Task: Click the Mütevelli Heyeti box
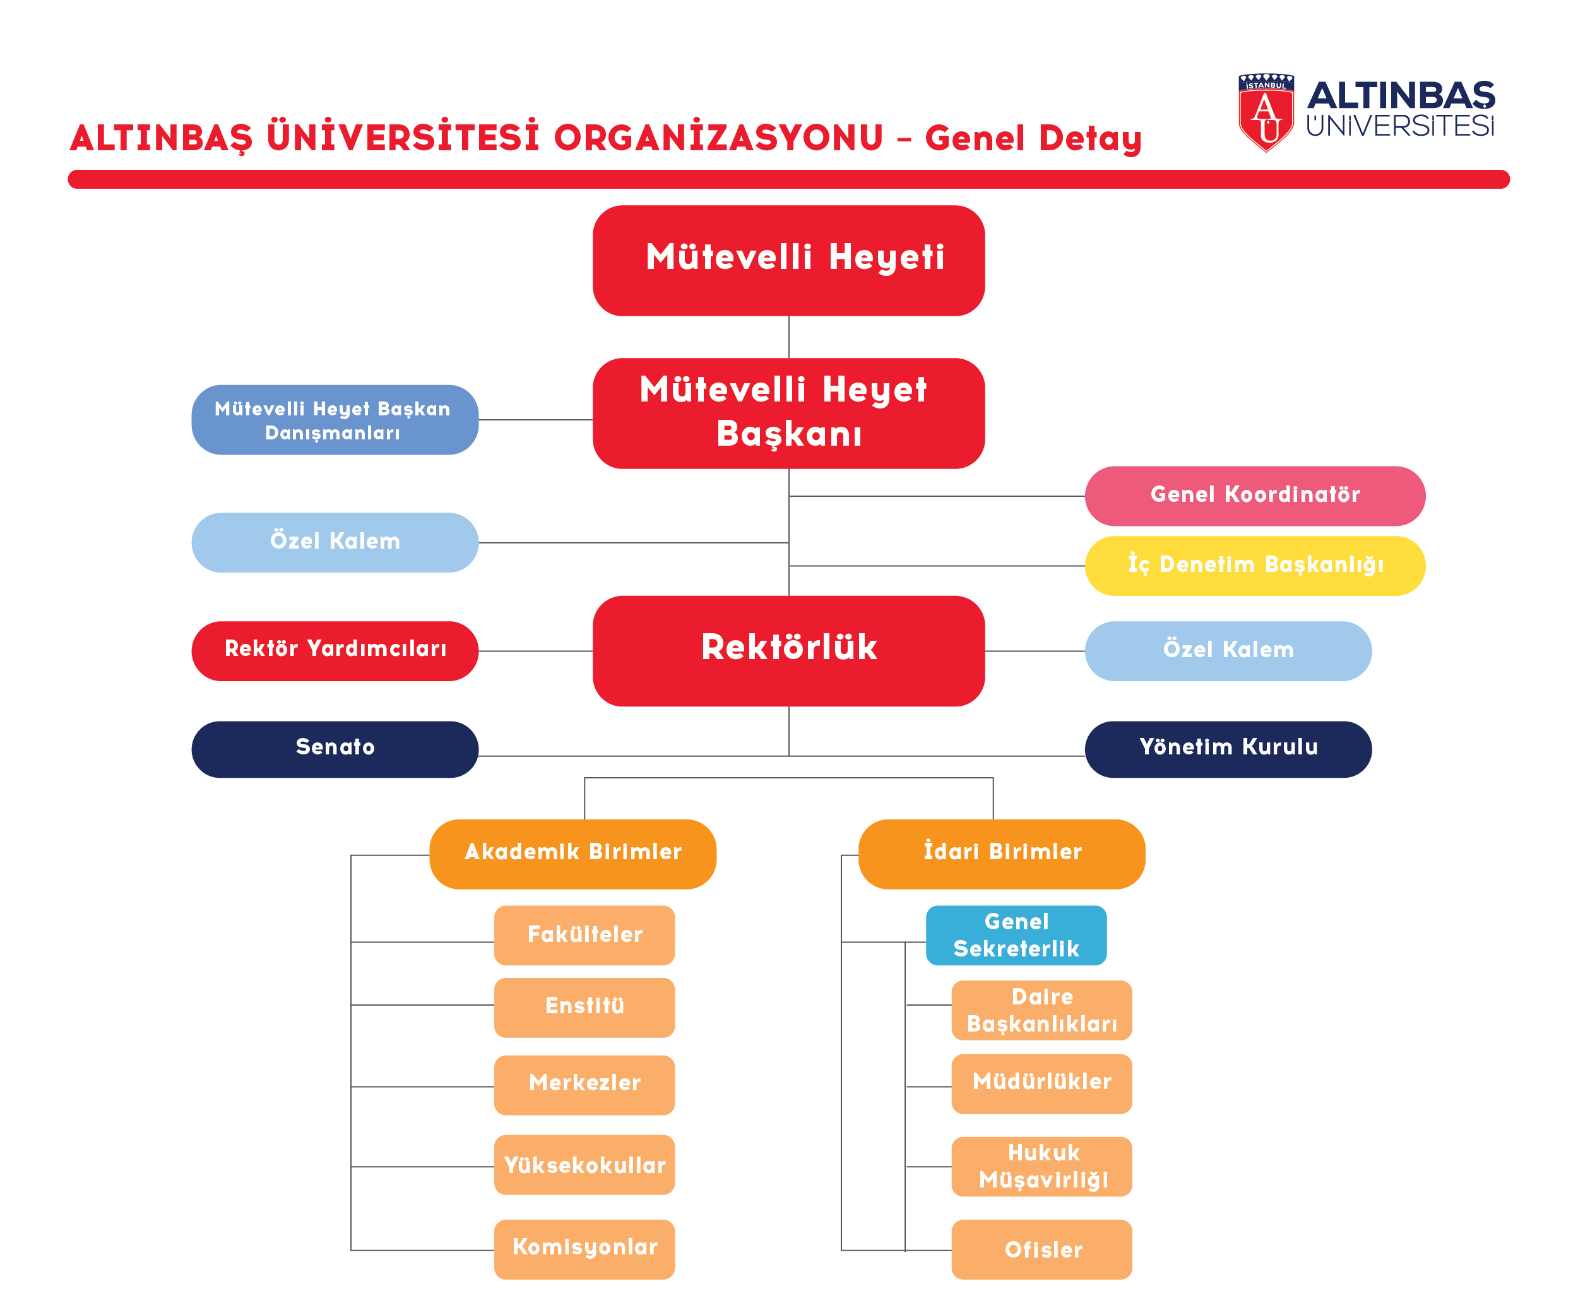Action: pos(788,260)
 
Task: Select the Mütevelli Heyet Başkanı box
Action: pos(788,414)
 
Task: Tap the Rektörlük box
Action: pos(788,651)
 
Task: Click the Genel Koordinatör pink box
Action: pos(1255,496)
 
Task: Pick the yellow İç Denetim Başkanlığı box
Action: pos(1255,566)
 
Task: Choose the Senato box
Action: pos(335,749)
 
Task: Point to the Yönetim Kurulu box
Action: pos(1228,749)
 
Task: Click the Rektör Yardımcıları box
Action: pos(335,651)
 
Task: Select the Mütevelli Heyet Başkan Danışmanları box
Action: pos(335,420)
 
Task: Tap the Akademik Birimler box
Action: pos(572,854)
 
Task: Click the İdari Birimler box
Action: pos(1002,854)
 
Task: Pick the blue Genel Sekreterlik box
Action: pos(1016,936)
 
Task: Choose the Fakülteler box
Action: pos(584,936)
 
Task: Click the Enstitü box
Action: pos(584,1008)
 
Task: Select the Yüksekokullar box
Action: pos(584,1165)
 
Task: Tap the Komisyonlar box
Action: pos(584,1249)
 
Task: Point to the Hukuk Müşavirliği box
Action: pos(1041,1166)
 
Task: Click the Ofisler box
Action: pos(1041,1249)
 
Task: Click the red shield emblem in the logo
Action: pos(1266,113)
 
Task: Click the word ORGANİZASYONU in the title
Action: pos(718,138)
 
